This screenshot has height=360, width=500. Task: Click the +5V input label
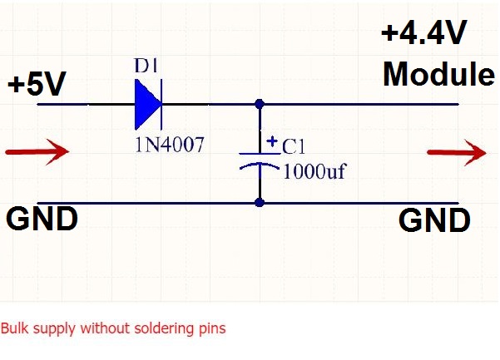pos(37,85)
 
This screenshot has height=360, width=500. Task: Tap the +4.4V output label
pos(424,35)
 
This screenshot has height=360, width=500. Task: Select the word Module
pos(438,75)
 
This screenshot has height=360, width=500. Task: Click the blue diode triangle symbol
pos(146,105)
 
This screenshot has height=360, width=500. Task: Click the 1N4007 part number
pos(169,144)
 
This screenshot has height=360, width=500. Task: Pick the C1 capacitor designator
pos(295,147)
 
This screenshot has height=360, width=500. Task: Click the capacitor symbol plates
pos(260,160)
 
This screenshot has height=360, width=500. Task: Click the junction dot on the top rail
pos(260,105)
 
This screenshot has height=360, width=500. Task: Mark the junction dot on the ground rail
pos(260,203)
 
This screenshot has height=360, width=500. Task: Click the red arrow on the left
pos(37,152)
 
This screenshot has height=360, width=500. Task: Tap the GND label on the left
pos(42,219)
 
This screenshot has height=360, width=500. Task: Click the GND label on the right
pos(434,221)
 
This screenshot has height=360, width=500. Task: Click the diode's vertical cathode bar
pos(161,105)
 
